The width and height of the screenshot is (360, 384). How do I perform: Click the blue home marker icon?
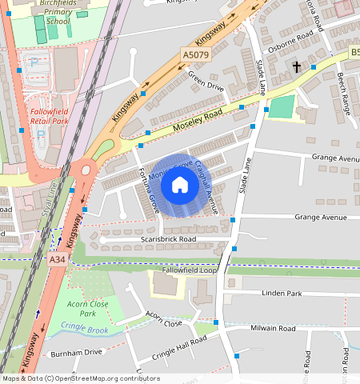pos(180,186)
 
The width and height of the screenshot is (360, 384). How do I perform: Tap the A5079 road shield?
pos(195,54)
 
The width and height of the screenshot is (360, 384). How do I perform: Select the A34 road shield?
pos(57,259)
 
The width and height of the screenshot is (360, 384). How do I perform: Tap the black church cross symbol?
pos(296,68)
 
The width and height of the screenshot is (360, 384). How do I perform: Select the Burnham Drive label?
pos(77,351)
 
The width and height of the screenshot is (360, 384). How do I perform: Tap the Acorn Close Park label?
pos(89,308)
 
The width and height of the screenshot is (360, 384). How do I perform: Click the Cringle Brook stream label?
pos(86,329)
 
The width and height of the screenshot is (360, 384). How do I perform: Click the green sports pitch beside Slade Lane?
pos(282,107)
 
